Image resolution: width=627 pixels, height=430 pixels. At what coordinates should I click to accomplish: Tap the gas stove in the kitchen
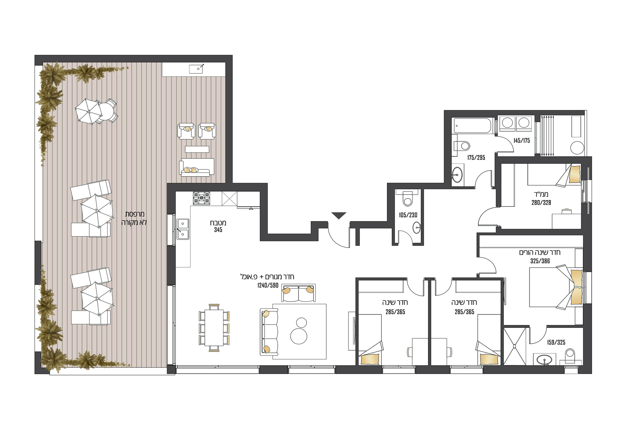tap(201, 198)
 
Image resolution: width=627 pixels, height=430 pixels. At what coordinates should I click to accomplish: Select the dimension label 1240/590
tap(268, 285)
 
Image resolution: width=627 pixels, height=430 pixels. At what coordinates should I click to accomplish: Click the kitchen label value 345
tap(218, 230)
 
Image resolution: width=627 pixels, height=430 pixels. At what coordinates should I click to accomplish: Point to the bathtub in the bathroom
tap(473, 126)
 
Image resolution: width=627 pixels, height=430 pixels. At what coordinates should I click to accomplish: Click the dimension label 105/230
tap(408, 215)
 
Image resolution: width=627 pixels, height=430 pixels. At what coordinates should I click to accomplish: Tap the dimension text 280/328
tap(541, 202)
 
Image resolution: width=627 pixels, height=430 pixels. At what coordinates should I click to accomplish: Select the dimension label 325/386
tap(540, 261)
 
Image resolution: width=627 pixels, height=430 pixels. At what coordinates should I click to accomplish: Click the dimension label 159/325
tap(556, 342)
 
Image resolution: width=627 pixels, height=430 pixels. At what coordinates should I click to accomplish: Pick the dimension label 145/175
tap(522, 141)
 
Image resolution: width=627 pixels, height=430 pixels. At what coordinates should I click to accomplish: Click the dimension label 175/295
tap(476, 157)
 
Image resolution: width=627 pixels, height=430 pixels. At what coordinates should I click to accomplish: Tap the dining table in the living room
tap(214, 327)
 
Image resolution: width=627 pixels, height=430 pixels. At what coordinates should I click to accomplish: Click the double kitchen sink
tap(183, 229)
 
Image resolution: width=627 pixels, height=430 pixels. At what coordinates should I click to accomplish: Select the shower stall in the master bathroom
tap(515, 346)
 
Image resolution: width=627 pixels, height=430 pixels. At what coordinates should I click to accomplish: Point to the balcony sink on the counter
tap(196, 69)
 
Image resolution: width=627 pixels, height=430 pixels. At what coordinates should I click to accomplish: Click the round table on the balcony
tap(106, 112)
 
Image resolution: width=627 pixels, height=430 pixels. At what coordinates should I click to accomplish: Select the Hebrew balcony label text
tap(134, 218)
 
